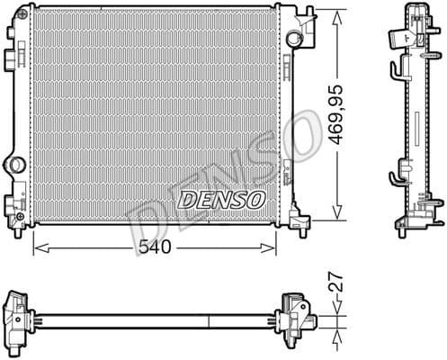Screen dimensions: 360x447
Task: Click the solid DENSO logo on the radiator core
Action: pyautogui.click(x=221, y=199)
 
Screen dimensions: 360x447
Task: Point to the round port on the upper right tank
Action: pyautogui.click(x=294, y=40)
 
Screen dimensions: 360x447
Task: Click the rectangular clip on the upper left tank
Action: pyautogui.click(x=10, y=58)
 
